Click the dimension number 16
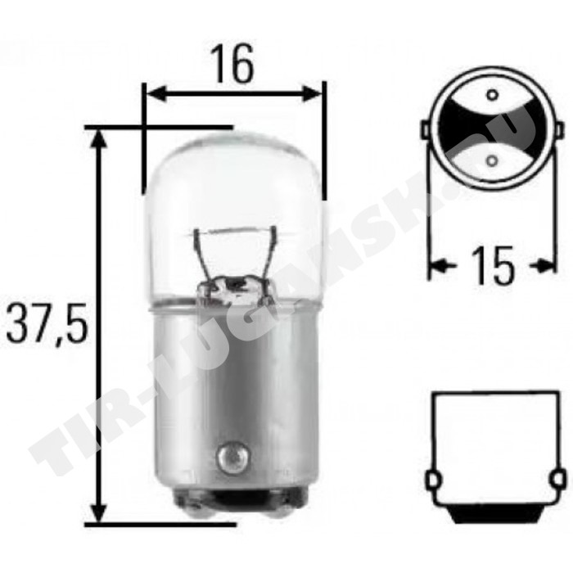tap(234, 63)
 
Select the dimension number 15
tap(493, 265)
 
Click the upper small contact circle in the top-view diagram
tap(492, 95)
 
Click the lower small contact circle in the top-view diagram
tap(492, 160)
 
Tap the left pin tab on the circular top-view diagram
tap(425, 129)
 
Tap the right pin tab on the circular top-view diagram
tap(560, 129)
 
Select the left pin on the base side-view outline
tap(431, 481)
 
